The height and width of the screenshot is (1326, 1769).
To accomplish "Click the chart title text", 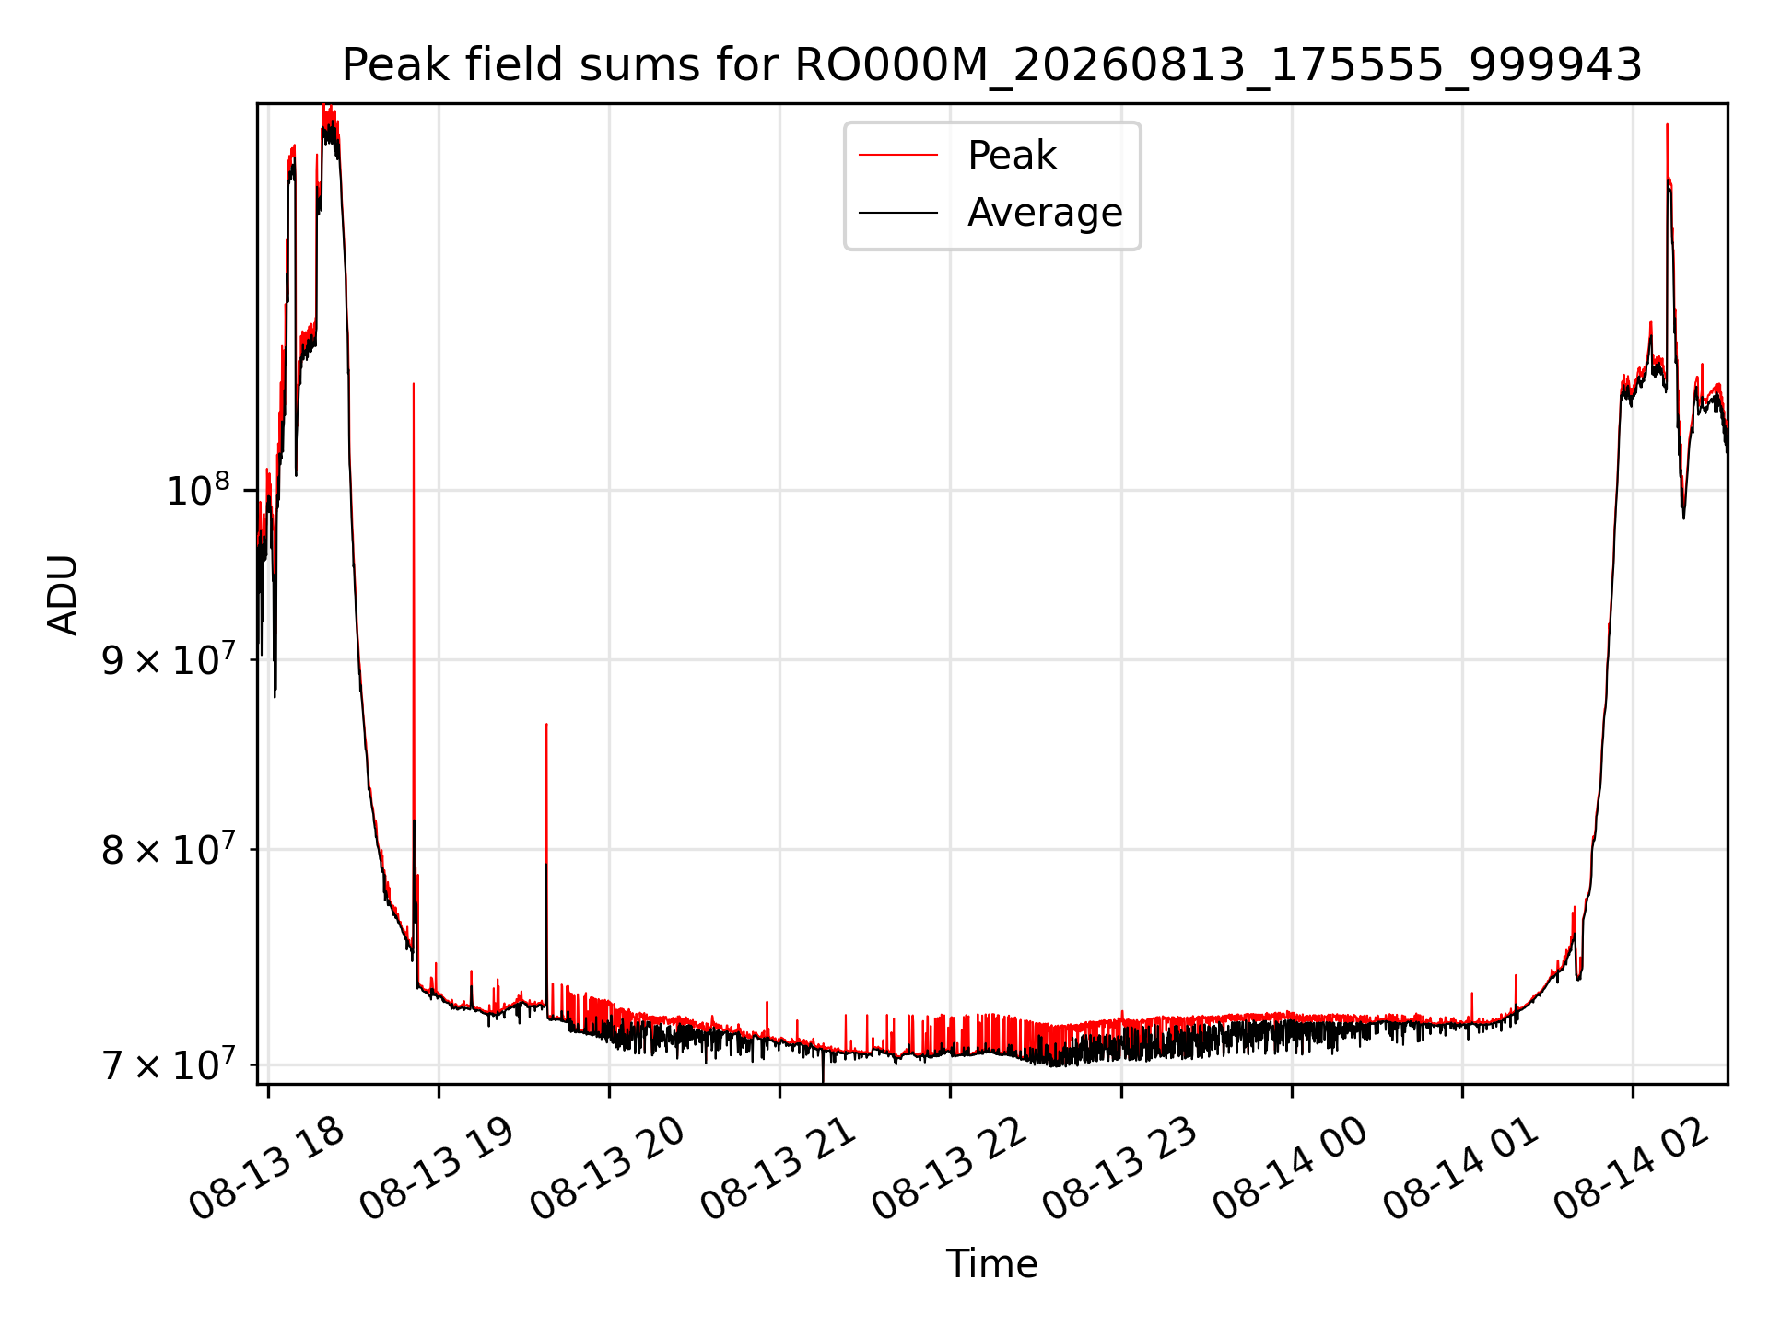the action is (x=991, y=65).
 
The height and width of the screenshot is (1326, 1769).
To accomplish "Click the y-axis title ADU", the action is (x=63, y=594).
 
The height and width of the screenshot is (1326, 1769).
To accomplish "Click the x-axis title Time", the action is (x=991, y=1264).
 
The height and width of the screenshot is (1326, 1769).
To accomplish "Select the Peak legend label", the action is (x=1012, y=156).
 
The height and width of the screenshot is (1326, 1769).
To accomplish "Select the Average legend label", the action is (x=1045, y=213).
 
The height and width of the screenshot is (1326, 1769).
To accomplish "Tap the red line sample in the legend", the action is (x=898, y=156).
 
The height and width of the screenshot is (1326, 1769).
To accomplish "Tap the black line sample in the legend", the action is (x=898, y=213).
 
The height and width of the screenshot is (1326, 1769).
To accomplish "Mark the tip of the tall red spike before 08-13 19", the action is (x=414, y=383).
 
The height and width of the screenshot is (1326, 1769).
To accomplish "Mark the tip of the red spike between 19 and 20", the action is (x=546, y=724).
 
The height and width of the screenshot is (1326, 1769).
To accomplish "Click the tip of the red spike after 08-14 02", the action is (x=1667, y=124).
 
